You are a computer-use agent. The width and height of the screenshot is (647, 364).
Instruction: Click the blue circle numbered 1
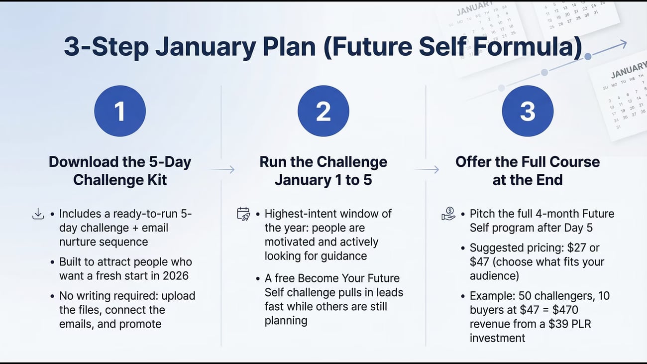pyautogui.click(x=120, y=111)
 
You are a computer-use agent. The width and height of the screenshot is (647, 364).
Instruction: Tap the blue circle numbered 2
pyautogui.click(x=323, y=111)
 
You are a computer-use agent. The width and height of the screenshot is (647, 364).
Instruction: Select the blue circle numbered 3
pyautogui.click(x=528, y=111)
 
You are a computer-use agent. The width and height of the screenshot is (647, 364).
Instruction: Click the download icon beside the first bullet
pyautogui.click(x=38, y=214)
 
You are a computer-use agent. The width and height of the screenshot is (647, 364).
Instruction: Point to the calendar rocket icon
pyautogui.click(x=243, y=214)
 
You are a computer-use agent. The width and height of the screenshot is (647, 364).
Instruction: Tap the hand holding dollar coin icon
pyautogui.click(x=448, y=214)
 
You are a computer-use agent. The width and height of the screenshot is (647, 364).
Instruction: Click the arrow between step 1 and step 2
pyautogui.click(x=223, y=169)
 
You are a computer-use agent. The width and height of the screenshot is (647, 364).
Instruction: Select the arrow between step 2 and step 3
pyautogui.click(x=427, y=169)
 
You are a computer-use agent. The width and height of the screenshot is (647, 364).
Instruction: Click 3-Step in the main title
pyautogui.click(x=107, y=47)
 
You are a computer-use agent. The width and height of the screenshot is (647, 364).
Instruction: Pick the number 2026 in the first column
pyautogui.click(x=176, y=275)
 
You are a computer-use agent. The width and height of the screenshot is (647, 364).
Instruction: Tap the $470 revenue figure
pyautogui.click(x=565, y=310)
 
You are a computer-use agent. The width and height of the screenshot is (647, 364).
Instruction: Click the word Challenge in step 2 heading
pyautogui.click(x=352, y=162)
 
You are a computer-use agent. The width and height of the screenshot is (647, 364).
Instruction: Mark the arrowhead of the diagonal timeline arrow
pyautogui.click(x=623, y=44)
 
